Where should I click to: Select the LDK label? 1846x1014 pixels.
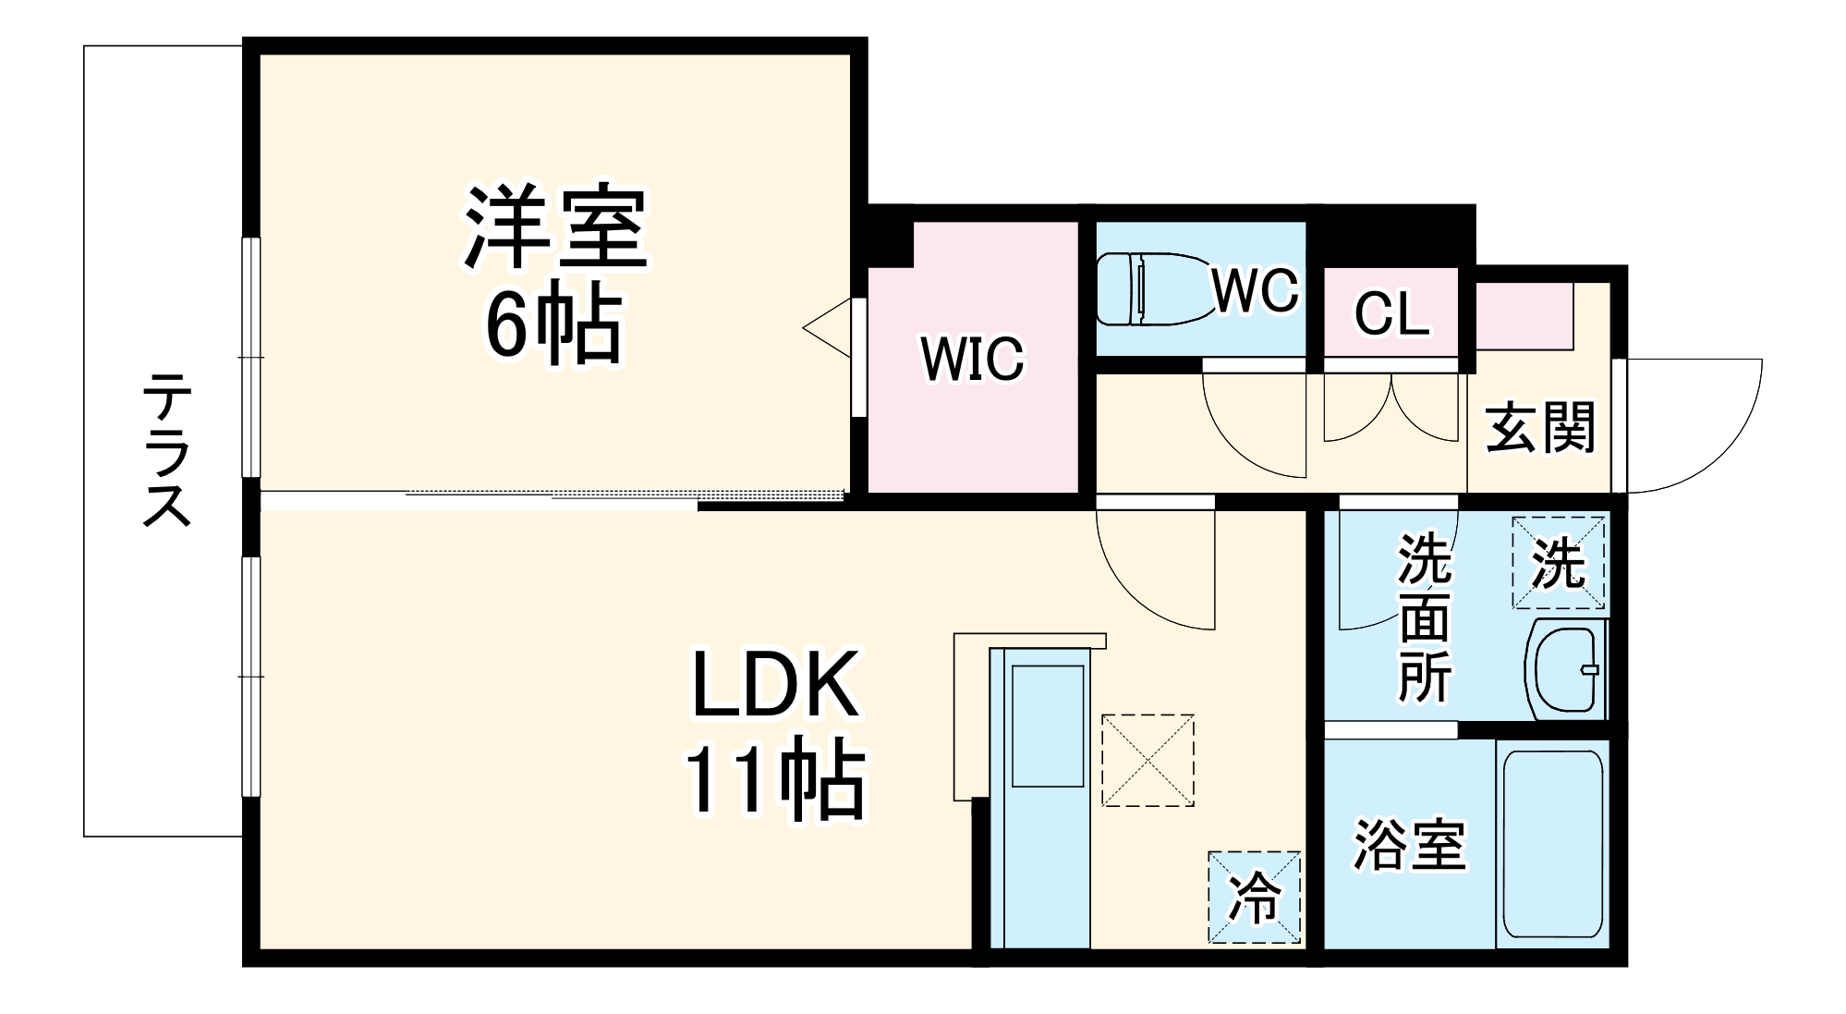pyautogui.click(x=775, y=686)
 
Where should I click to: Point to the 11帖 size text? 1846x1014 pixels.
pyautogui.click(x=774, y=780)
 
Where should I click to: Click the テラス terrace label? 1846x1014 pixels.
pyautogui.click(x=167, y=449)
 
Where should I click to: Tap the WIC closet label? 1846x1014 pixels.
pyautogui.click(x=972, y=359)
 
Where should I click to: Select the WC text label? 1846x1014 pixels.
pyautogui.click(x=1255, y=290)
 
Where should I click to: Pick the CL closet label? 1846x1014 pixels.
pyautogui.click(x=1391, y=315)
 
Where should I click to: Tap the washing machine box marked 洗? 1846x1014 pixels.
pyautogui.click(x=1558, y=562)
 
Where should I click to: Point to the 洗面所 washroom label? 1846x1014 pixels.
pyautogui.click(x=1424, y=617)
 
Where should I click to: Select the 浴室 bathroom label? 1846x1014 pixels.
pyautogui.click(x=1409, y=844)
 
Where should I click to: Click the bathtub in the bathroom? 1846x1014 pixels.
pyautogui.click(x=1551, y=844)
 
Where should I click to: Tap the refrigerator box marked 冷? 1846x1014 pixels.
pyautogui.click(x=1254, y=897)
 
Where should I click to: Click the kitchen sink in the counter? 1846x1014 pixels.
pyautogui.click(x=1048, y=726)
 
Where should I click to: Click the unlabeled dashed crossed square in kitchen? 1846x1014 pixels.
pyautogui.click(x=1148, y=760)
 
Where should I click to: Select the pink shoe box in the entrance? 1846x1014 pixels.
pyautogui.click(x=1524, y=316)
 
